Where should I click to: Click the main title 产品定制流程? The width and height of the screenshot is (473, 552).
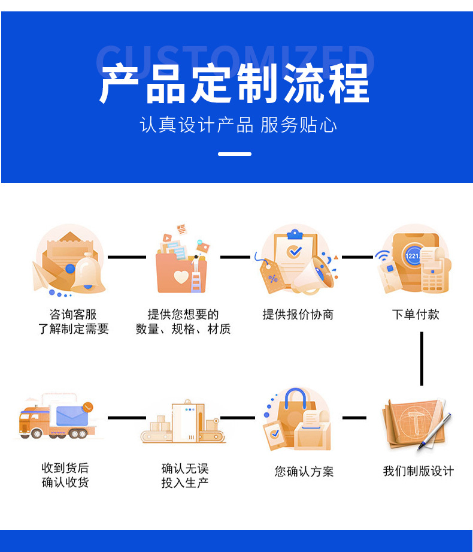point(234,84)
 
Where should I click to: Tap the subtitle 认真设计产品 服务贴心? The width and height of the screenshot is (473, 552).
point(238,125)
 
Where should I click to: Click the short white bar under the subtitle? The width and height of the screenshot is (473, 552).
point(235,154)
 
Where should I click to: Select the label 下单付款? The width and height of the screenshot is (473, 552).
point(416,315)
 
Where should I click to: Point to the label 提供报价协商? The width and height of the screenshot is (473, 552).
point(298,315)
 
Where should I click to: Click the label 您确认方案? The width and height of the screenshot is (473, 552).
point(304,471)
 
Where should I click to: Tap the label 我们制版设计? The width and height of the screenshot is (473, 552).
point(419,471)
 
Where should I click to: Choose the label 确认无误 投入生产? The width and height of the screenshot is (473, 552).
point(185,476)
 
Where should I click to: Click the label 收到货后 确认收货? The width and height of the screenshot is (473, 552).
point(65,475)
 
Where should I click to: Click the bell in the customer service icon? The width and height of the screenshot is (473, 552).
point(88,274)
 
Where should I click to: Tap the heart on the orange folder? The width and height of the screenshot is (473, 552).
point(181,277)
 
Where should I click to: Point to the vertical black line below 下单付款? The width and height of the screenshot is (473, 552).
point(422,359)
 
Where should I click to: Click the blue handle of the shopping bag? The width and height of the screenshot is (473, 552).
point(295,398)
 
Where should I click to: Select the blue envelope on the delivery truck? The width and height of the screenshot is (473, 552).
point(72,416)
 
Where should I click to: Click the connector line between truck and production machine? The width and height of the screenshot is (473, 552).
point(127,418)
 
